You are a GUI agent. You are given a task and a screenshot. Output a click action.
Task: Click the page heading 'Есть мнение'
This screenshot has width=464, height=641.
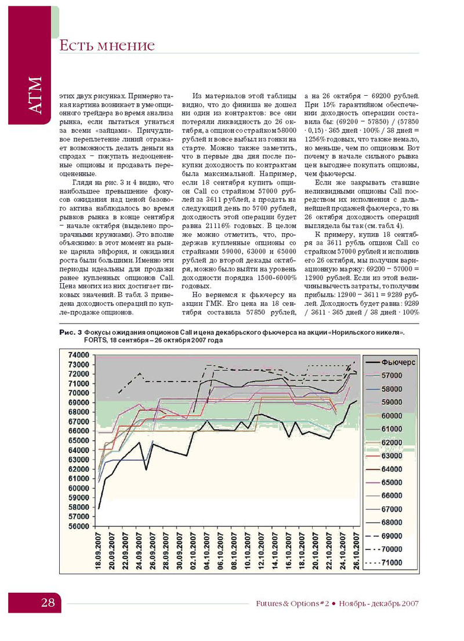click(x=107, y=45)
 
